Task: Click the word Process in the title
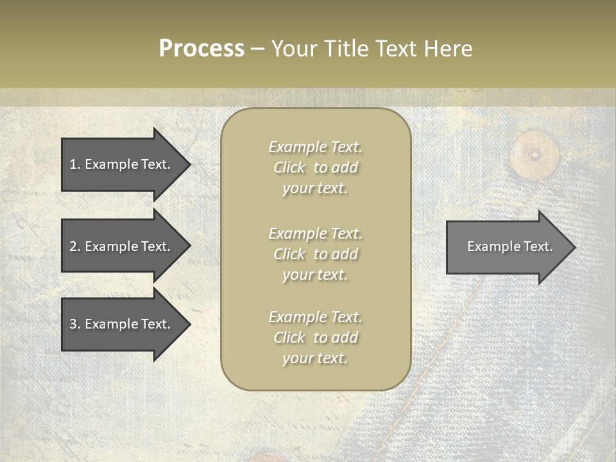pyautogui.click(x=201, y=49)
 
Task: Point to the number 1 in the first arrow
pyautogui.click(x=73, y=164)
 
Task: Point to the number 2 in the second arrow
pyautogui.click(x=73, y=246)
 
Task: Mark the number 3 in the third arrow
pyautogui.click(x=73, y=324)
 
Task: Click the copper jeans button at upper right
pyautogui.click(x=534, y=155)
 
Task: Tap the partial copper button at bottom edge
pyautogui.click(x=269, y=457)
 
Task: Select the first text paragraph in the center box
pyautogui.click(x=315, y=167)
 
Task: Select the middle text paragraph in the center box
pyautogui.click(x=315, y=254)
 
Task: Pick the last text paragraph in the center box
pyautogui.click(x=315, y=338)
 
